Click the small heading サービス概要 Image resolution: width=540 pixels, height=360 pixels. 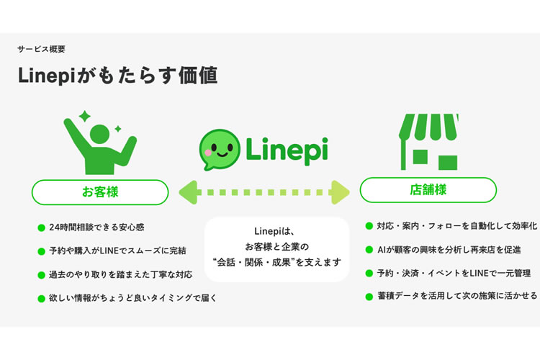pos(41,50)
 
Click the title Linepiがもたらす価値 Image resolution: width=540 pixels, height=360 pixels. pos(117,76)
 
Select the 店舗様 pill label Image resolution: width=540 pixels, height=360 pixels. pos(428,190)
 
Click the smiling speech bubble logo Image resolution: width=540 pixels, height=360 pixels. pos(219,149)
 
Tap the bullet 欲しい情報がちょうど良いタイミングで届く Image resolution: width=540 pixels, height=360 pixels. pos(133,297)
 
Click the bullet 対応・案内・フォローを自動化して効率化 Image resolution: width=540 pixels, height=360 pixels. pos(456,225)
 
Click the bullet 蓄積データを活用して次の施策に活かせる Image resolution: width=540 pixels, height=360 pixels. pos(456,296)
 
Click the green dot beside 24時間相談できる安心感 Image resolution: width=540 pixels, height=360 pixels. pos(41,228)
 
